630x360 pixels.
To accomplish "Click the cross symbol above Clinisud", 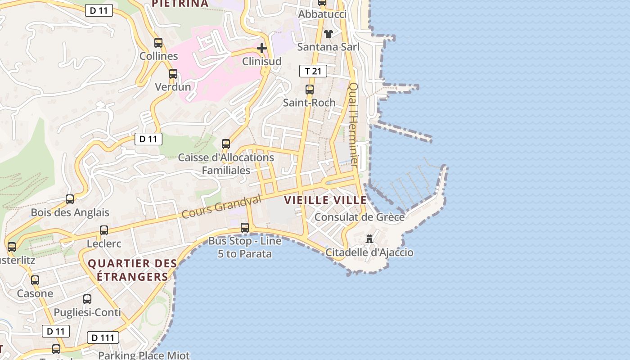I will click(x=262, y=48).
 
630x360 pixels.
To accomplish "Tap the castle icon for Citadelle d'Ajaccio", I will click(x=369, y=239).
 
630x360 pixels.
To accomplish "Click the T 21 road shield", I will click(x=313, y=71).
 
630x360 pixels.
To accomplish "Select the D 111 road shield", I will click(x=103, y=337).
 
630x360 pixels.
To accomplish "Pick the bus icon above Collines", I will click(x=158, y=43).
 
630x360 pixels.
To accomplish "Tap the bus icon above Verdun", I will click(x=173, y=74).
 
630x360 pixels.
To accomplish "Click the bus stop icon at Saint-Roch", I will click(x=310, y=90).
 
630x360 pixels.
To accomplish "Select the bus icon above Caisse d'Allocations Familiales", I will click(x=226, y=144).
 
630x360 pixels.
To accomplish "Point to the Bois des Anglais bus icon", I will click(x=70, y=199).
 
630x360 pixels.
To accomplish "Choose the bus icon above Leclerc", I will click(x=104, y=230).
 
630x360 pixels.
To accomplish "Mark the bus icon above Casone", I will click(x=35, y=280).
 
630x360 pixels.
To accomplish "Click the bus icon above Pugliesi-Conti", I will click(x=87, y=299).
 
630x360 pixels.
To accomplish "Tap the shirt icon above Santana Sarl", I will click(x=328, y=34).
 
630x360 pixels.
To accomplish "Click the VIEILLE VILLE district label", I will click(x=325, y=200).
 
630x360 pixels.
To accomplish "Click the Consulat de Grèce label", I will click(x=360, y=217).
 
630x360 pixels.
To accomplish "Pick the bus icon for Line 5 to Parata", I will click(x=245, y=228).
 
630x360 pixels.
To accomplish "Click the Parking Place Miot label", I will click(x=144, y=355).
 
